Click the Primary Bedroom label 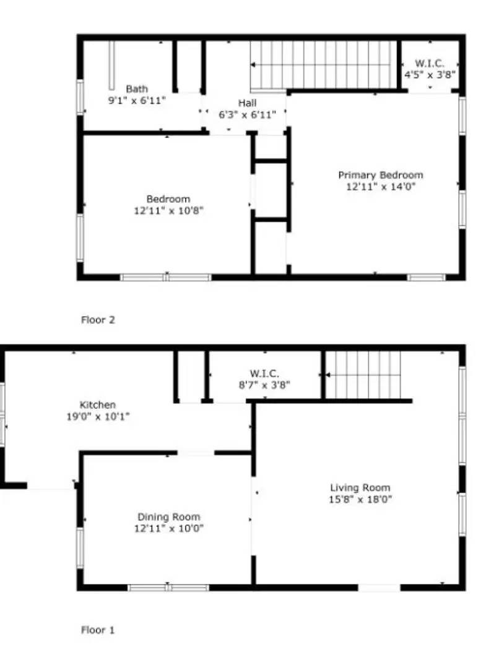(x=380, y=175)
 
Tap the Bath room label (x=137, y=89)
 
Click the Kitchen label (x=98, y=405)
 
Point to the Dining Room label (x=168, y=517)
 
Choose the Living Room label (x=360, y=487)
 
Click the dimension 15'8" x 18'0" (x=360, y=499)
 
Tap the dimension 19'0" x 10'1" (x=98, y=416)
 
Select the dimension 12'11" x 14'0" (x=380, y=186)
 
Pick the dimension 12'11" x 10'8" (x=168, y=210)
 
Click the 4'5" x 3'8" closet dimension (x=430, y=74)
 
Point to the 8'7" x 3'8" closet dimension (x=264, y=385)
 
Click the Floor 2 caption (x=98, y=320)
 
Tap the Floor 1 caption (x=98, y=630)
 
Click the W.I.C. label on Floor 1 (x=264, y=374)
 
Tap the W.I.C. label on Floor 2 (x=430, y=63)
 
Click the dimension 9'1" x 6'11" (x=137, y=100)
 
